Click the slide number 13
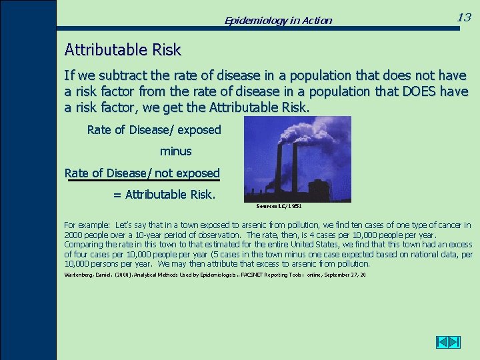coord(464,17)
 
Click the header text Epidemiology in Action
coord(278,21)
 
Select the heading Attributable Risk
coord(123,50)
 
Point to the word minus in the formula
coord(175,151)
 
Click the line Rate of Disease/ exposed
coord(154,130)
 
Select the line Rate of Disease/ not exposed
coord(142,173)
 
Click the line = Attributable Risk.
coord(164,195)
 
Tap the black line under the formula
coord(142,181)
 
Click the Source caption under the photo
coord(279,206)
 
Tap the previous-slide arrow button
coord(442,342)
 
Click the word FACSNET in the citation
coord(249,275)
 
